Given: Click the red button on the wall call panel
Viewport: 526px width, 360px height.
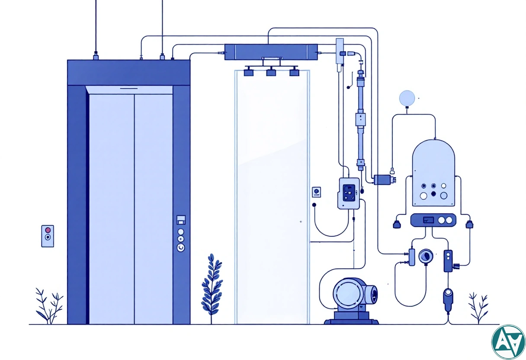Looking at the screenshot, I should click(48, 230).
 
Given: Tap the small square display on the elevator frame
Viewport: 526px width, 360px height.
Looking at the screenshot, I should click(181, 220).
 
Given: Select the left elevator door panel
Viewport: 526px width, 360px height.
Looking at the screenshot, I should click(111, 208).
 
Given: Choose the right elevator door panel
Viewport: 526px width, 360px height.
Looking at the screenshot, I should click(153, 208).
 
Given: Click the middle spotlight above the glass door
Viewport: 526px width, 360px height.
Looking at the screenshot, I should click(271, 72).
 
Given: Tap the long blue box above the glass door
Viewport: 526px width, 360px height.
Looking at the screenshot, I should click(271, 52).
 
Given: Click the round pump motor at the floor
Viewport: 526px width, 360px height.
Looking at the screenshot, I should click(348, 294).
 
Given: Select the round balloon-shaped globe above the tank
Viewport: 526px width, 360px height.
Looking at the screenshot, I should click(407, 98).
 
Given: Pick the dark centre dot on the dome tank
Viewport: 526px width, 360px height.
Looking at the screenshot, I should click(433, 194).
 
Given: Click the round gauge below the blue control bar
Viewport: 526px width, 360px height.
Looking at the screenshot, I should click(426, 257).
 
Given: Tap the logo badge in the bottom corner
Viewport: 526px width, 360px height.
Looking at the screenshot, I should click(508, 342).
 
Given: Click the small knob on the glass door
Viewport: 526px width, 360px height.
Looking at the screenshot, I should click(300, 222).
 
